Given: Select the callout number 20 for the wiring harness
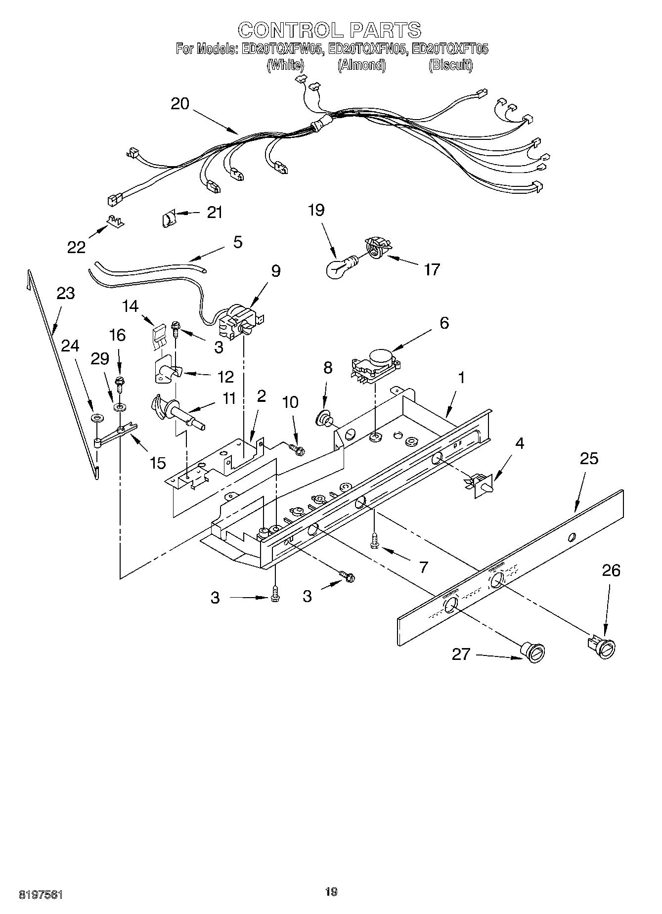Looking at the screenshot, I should (x=180, y=104).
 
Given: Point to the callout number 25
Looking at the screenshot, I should (x=589, y=458).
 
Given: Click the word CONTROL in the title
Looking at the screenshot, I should (x=289, y=30).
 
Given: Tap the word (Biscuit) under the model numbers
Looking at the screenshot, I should (x=450, y=65).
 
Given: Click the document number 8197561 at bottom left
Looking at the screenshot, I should (x=41, y=894).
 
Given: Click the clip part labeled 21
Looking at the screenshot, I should (x=169, y=218).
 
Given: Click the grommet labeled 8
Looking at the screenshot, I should (x=325, y=419).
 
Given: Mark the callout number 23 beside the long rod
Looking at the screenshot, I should (x=65, y=293).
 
